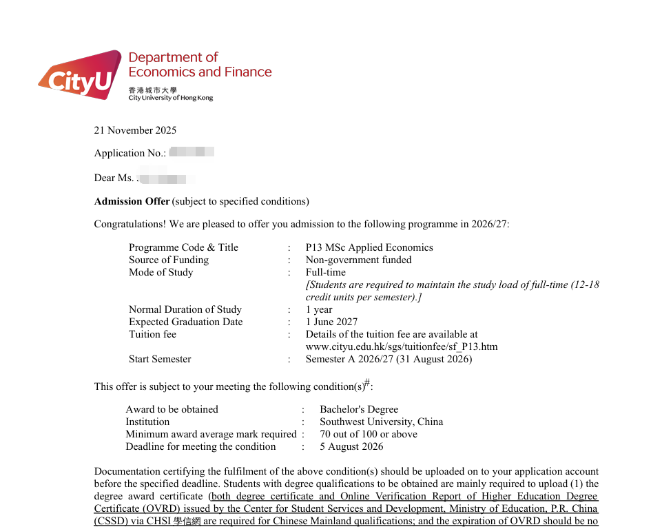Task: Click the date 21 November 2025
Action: tap(135, 130)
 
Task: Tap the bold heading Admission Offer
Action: tap(132, 201)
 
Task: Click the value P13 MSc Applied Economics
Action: tap(369, 247)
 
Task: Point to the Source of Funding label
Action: tap(169, 260)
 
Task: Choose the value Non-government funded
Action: tap(358, 260)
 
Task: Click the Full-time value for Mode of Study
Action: tap(326, 272)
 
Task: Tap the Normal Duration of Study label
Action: tap(185, 309)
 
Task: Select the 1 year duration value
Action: tap(319, 309)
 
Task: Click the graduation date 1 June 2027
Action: tap(331, 322)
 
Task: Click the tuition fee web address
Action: tap(402, 347)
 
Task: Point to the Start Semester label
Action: tap(160, 359)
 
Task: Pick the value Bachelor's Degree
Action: tap(359, 409)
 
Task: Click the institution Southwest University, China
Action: tap(381, 422)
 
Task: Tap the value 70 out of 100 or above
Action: tap(368, 434)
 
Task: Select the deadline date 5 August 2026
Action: tap(351, 446)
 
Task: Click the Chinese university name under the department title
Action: tap(152, 90)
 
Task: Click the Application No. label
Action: tap(130, 153)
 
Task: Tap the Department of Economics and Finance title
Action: tap(200, 65)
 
